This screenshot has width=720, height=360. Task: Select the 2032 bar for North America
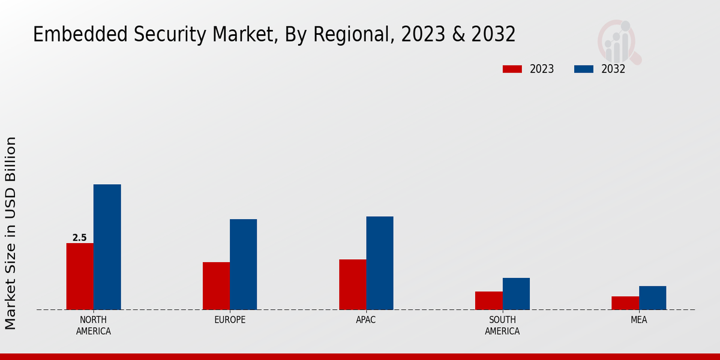pyautogui.click(x=107, y=247)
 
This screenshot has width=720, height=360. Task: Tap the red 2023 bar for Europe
pyautogui.click(x=216, y=286)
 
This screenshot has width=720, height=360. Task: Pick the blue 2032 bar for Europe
pyautogui.click(x=243, y=264)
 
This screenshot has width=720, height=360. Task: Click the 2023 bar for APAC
pyautogui.click(x=352, y=284)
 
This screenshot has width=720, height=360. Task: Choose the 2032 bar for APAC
pyautogui.click(x=380, y=263)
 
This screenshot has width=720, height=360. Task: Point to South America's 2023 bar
pyautogui.click(x=488, y=301)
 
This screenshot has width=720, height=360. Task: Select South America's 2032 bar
pyautogui.click(x=516, y=293)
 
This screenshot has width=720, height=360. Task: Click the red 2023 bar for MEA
pyautogui.click(x=625, y=303)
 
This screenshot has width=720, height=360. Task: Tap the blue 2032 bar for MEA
pyautogui.click(x=652, y=298)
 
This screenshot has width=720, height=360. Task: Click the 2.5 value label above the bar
pyautogui.click(x=80, y=238)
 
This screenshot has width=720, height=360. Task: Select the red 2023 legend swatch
pyautogui.click(x=512, y=69)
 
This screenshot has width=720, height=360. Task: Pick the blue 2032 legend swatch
pyautogui.click(x=584, y=69)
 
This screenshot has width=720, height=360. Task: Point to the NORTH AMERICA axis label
pyautogui.click(x=94, y=325)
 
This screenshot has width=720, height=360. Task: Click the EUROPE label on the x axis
pyautogui.click(x=230, y=320)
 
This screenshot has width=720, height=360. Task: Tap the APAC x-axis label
pyautogui.click(x=366, y=320)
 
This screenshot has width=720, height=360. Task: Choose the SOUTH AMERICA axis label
pyautogui.click(x=502, y=325)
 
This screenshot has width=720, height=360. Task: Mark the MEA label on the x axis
pyautogui.click(x=638, y=320)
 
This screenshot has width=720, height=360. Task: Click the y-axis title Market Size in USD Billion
pyautogui.click(x=11, y=233)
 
